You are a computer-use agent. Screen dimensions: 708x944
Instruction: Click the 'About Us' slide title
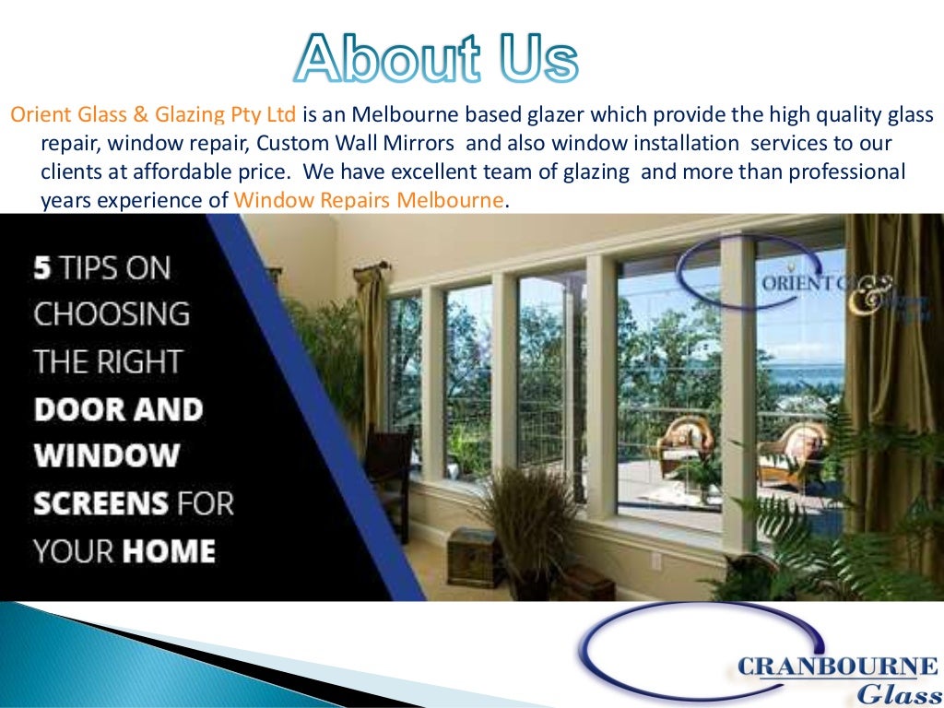[436, 59]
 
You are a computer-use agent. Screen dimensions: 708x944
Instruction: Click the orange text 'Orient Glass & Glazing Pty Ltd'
[153, 115]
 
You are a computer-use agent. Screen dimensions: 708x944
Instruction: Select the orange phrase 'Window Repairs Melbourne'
[369, 200]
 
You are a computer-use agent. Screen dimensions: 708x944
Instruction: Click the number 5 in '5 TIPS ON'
[41, 268]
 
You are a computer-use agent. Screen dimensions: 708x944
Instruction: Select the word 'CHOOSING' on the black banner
[112, 313]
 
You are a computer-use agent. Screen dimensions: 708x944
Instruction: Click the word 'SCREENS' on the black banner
[101, 503]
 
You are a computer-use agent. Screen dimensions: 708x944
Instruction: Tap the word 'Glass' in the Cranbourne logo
[895, 693]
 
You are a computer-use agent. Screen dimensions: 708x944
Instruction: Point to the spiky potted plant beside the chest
[532, 516]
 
